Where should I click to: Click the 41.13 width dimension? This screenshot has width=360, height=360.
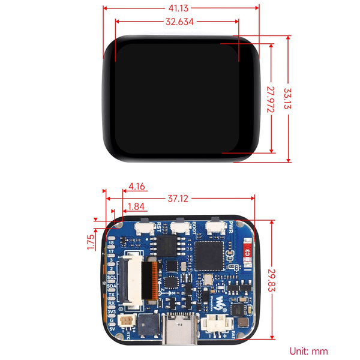pyautogui.click(x=182, y=8)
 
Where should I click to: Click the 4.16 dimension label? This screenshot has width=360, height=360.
pyautogui.click(x=136, y=187)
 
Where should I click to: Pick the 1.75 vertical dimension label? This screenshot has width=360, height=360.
pyautogui.click(x=90, y=241)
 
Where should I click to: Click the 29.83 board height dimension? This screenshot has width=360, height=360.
pyautogui.click(x=272, y=279)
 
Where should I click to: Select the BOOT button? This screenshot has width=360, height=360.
pyautogui.click(x=179, y=227)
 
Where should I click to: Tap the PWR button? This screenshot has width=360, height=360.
pyautogui.click(x=213, y=227)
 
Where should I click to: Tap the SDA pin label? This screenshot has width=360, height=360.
pyautogui.click(x=111, y=287)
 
